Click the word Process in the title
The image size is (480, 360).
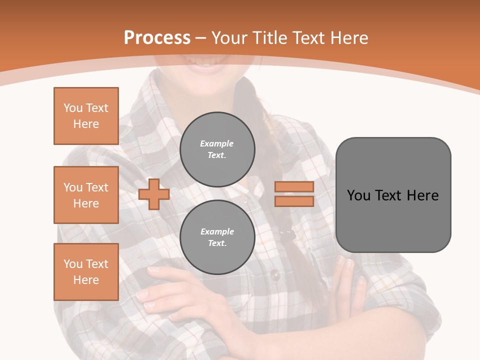pyautogui.click(x=157, y=38)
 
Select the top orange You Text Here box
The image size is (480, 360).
pyautogui.click(x=86, y=116)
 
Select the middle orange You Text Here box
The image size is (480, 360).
pyautogui.click(x=86, y=195)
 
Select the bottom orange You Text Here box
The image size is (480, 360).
pyautogui.click(x=86, y=272)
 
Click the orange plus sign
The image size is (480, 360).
pyautogui.click(x=154, y=194)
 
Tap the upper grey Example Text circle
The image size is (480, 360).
pyautogui.click(x=217, y=149)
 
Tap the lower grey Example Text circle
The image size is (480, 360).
pyautogui.click(x=217, y=237)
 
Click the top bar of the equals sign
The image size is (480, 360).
pyautogui.click(x=294, y=187)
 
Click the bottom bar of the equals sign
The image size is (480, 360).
pyautogui.click(x=294, y=201)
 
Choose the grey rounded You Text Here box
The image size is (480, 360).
pyautogui.click(x=393, y=195)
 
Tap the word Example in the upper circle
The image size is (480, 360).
pyautogui.click(x=217, y=143)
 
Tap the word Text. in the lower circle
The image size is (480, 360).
pyautogui.click(x=217, y=243)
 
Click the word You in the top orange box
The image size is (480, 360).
pyautogui.click(x=72, y=108)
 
